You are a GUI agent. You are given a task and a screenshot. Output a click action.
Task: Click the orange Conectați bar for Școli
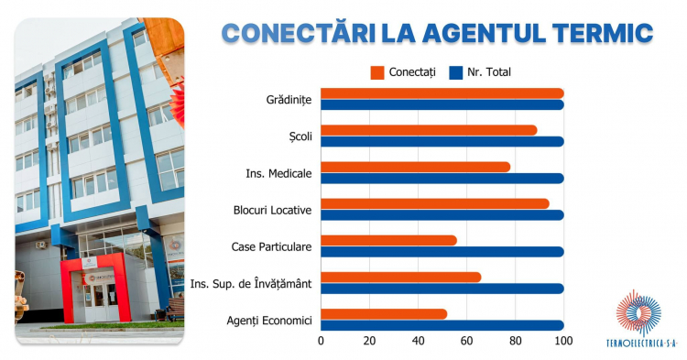pos(429,130)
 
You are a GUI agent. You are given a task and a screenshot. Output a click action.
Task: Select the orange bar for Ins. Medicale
pos(415,167)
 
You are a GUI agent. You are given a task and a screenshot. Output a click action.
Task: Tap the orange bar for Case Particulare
pos(388,240)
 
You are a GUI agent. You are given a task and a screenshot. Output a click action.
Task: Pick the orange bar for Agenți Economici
pos(384,314)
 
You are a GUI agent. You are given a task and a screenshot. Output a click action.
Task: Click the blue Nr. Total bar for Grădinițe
pos(442,104)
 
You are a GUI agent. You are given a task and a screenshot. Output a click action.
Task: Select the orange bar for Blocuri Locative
pos(435,203)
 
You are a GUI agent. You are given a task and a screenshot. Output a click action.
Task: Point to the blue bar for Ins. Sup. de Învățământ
pos(442,289)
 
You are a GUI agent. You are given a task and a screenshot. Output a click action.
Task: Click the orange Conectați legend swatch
pos(377,72)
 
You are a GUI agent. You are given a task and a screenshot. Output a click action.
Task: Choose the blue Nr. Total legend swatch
pos(456,72)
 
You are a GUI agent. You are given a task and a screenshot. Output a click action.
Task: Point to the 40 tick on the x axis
pos(418,341)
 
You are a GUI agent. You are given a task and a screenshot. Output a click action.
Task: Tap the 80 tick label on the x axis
pos(515,341)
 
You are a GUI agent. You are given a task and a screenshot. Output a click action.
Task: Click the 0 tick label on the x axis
pos(321,341)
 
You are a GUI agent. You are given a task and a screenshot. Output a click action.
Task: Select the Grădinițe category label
pos(289,100)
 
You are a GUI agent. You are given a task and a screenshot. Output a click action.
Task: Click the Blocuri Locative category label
pos(273,210)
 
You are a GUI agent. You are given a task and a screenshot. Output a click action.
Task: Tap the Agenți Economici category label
pos(269,321)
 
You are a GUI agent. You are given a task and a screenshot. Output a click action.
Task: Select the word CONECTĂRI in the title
pos(299,32)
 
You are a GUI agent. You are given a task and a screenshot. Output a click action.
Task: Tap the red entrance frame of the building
pos(96,258)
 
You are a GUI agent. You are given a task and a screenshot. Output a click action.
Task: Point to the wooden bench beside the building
pos(175,310)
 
